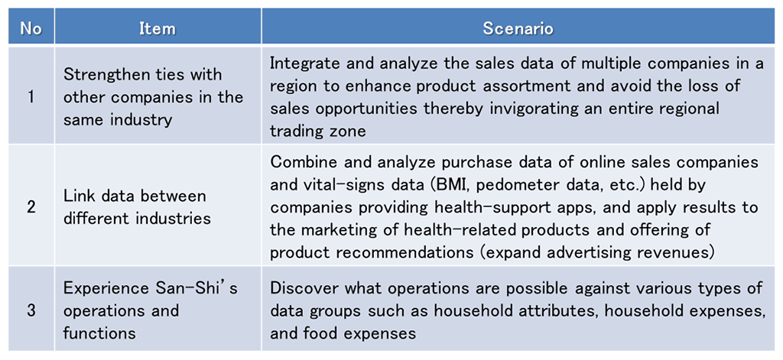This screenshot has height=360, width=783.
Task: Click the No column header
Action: click(x=31, y=29)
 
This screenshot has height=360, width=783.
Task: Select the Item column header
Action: click(x=158, y=29)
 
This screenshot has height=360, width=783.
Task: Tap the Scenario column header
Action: click(x=518, y=29)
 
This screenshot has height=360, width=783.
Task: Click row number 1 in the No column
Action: click(x=31, y=96)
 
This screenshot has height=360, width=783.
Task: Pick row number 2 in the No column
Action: click(x=31, y=207)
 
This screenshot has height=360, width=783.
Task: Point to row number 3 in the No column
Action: click(x=31, y=310)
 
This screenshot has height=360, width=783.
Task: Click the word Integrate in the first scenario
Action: click(x=301, y=64)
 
